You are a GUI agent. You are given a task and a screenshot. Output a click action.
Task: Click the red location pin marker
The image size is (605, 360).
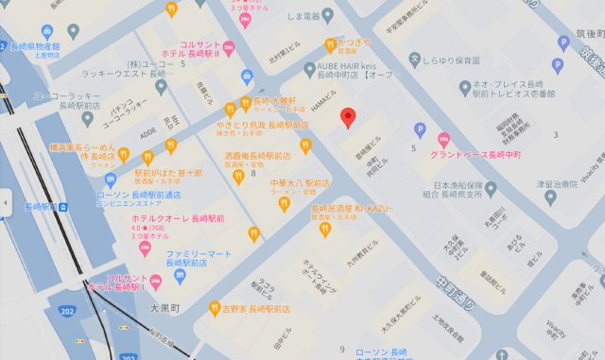tap(348, 118)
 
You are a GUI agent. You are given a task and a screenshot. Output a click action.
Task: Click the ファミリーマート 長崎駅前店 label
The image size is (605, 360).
tap(199, 259)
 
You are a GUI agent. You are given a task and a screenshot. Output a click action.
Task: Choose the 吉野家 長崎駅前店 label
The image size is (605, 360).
tap(255, 308)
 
